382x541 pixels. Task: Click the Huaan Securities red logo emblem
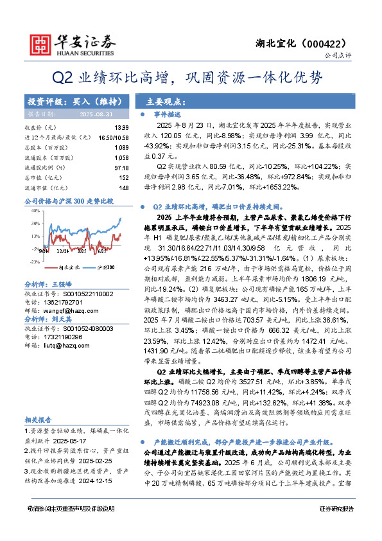click(x=42, y=43)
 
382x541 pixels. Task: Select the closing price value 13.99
click(x=121, y=128)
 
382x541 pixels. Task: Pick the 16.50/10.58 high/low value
click(x=113, y=137)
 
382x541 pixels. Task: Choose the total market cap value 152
click(x=123, y=177)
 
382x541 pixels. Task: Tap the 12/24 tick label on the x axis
click(x=62, y=253)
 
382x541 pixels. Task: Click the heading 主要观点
click(x=166, y=102)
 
